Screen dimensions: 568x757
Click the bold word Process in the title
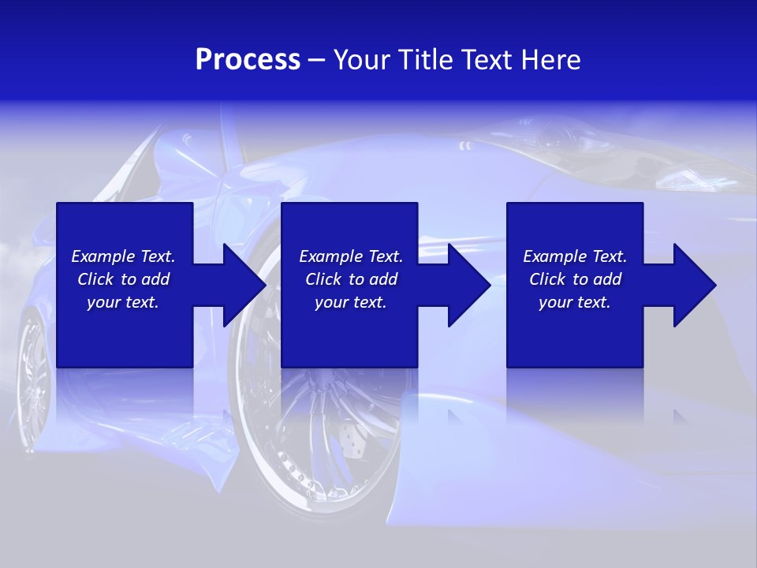click(x=248, y=60)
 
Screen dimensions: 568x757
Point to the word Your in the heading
click(x=363, y=60)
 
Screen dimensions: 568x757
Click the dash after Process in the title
click(x=317, y=61)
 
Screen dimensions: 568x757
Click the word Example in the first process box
click(x=103, y=256)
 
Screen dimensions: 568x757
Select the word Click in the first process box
click(x=95, y=279)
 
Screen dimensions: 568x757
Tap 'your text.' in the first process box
click(x=123, y=302)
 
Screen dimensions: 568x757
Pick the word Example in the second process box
click(x=331, y=256)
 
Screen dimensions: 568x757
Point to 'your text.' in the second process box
click(x=350, y=302)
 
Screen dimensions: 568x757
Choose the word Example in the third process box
click(x=555, y=256)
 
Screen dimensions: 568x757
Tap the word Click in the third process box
click(x=547, y=279)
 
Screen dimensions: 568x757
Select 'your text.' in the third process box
click(x=574, y=302)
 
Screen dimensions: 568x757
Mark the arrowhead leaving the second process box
click(x=468, y=285)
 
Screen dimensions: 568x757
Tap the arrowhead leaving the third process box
click(x=693, y=285)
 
